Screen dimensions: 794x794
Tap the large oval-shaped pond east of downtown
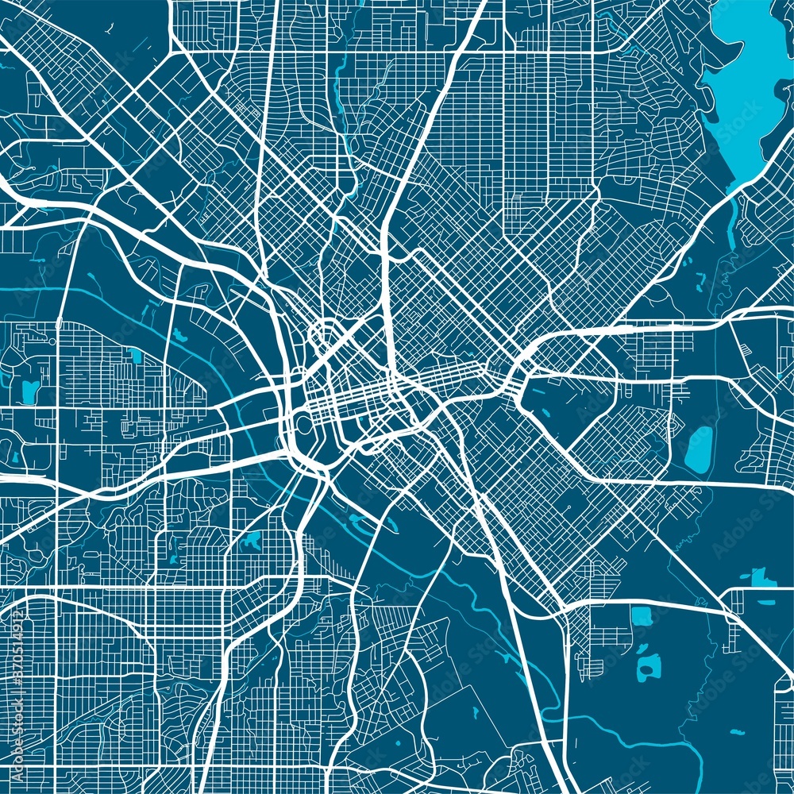[699, 449]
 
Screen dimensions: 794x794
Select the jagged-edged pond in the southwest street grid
[252, 542]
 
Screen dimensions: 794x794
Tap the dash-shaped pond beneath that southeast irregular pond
[766, 602]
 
